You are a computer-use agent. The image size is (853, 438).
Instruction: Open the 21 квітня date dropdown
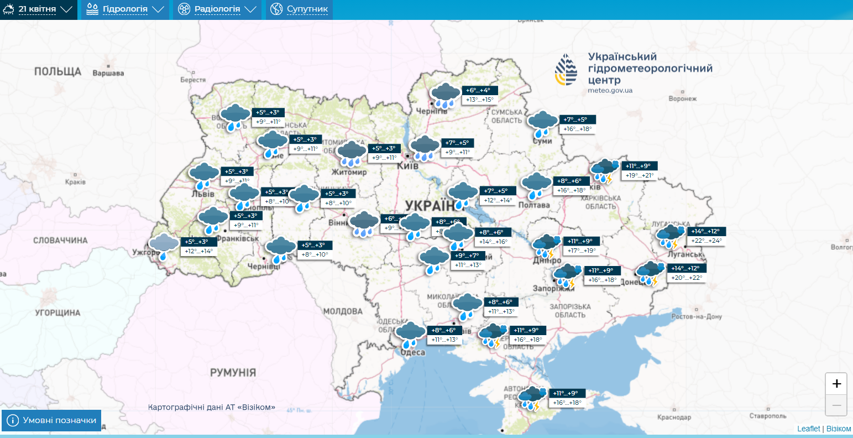pyautogui.click(x=38, y=9)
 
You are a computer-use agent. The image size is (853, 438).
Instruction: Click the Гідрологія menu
pyautogui.click(x=124, y=9)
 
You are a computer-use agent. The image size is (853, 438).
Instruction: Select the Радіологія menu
pyautogui.click(x=217, y=9)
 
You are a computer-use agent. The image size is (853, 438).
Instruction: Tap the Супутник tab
pyautogui.click(x=307, y=9)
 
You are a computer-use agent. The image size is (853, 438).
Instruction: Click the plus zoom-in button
pyautogui.click(x=836, y=384)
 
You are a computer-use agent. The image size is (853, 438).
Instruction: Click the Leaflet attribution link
pyautogui.click(x=808, y=429)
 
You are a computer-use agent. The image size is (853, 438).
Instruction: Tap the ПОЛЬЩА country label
pyautogui.click(x=57, y=72)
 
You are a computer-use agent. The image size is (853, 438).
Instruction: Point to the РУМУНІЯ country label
pyautogui.click(x=233, y=372)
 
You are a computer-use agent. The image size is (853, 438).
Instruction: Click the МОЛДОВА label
pyautogui.click(x=342, y=311)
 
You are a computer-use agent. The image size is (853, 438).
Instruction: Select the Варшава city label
pyautogui.click(x=108, y=73)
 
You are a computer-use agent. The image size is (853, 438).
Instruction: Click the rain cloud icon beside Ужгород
pyautogui.click(x=164, y=246)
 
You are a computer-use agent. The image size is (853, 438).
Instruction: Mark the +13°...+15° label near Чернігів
pyautogui.click(x=479, y=100)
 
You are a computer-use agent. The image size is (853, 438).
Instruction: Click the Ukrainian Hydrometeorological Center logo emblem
pyautogui.click(x=566, y=70)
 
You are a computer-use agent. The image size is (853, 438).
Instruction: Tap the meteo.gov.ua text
pyautogui.click(x=610, y=90)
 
